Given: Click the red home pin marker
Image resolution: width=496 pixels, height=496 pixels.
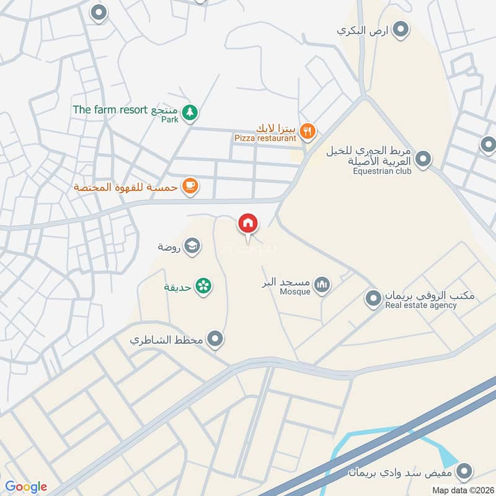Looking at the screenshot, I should tap(248, 223).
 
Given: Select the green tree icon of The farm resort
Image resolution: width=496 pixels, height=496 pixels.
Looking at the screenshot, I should tap(191, 112).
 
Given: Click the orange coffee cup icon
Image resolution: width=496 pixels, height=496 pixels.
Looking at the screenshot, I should tap(190, 186).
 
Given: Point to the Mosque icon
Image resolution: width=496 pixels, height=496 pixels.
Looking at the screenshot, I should tap(321, 285).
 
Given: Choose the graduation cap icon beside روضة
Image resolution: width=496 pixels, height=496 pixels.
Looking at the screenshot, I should tap(192, 246).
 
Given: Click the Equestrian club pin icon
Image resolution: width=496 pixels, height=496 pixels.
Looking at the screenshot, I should tap(423, 159).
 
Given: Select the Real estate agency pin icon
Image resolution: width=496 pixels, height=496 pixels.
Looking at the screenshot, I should tap(373, 298).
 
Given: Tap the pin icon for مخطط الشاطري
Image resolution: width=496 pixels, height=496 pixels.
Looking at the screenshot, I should tap(215, 339).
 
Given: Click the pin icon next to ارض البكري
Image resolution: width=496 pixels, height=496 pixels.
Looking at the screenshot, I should tap(401, 29).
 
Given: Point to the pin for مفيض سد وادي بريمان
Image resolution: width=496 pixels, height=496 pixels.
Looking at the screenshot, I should tap(463, 472).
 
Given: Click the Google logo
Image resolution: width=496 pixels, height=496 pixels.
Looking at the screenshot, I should tap(26, 487).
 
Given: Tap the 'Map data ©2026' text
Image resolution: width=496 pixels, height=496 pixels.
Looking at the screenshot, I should tap(462, 490).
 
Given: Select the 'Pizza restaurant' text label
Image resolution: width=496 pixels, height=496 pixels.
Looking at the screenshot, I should tap(265, 138).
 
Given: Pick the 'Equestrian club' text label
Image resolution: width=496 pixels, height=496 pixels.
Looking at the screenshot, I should tap(383, 171).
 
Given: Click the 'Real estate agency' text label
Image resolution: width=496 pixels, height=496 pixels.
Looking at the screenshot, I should tap(421, 305).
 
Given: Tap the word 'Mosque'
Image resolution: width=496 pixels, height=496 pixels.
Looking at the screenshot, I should tap(295, 291).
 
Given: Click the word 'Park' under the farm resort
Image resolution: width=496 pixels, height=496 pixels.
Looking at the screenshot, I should tap(170, 120).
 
